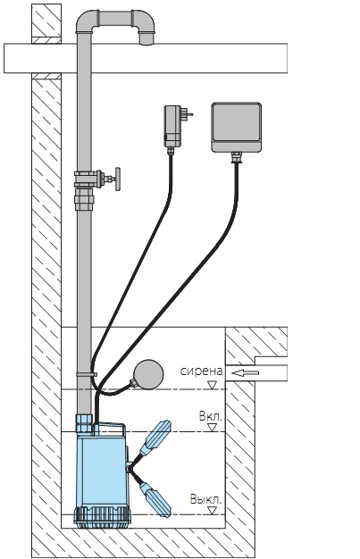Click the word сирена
click(x=202, y=371)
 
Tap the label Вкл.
click(x=211, y=416)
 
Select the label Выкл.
click(x=205, y=499)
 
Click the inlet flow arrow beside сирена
click(x=245, y=373)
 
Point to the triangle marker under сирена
click(x=213, y=385)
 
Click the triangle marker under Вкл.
click(x=213, y=428)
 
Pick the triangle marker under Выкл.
click(x=213, y=511)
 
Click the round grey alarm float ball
click(x=148, y=374)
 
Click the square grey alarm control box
click(x=236, y=128)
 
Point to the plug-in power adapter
click(x=172, y=126)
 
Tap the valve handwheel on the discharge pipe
click(x=117, y=179)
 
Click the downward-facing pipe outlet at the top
click(x=146, y=39)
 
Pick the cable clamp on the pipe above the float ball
click(x=87, y=375)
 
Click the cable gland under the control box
click(x=236, y=157)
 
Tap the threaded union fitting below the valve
click(x=84, y=200)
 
